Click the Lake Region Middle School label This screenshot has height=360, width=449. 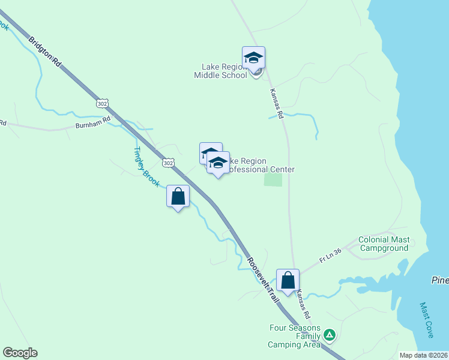tap(220, 71)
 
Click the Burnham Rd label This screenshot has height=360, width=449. tap(93, 122)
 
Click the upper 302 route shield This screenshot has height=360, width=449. tap(104, 104)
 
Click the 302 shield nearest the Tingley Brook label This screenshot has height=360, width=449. tap(169, 163)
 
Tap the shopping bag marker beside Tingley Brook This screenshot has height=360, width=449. tap(178, 196)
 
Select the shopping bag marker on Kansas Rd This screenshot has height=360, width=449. tap(288, 280)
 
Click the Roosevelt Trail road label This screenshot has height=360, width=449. tap(264, 280)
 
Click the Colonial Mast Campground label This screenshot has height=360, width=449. tap(384, 244)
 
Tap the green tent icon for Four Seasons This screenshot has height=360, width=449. tap(329, 335)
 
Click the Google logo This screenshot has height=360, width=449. tap(20, 353)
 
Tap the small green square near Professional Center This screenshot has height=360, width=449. tap(273, 179)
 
